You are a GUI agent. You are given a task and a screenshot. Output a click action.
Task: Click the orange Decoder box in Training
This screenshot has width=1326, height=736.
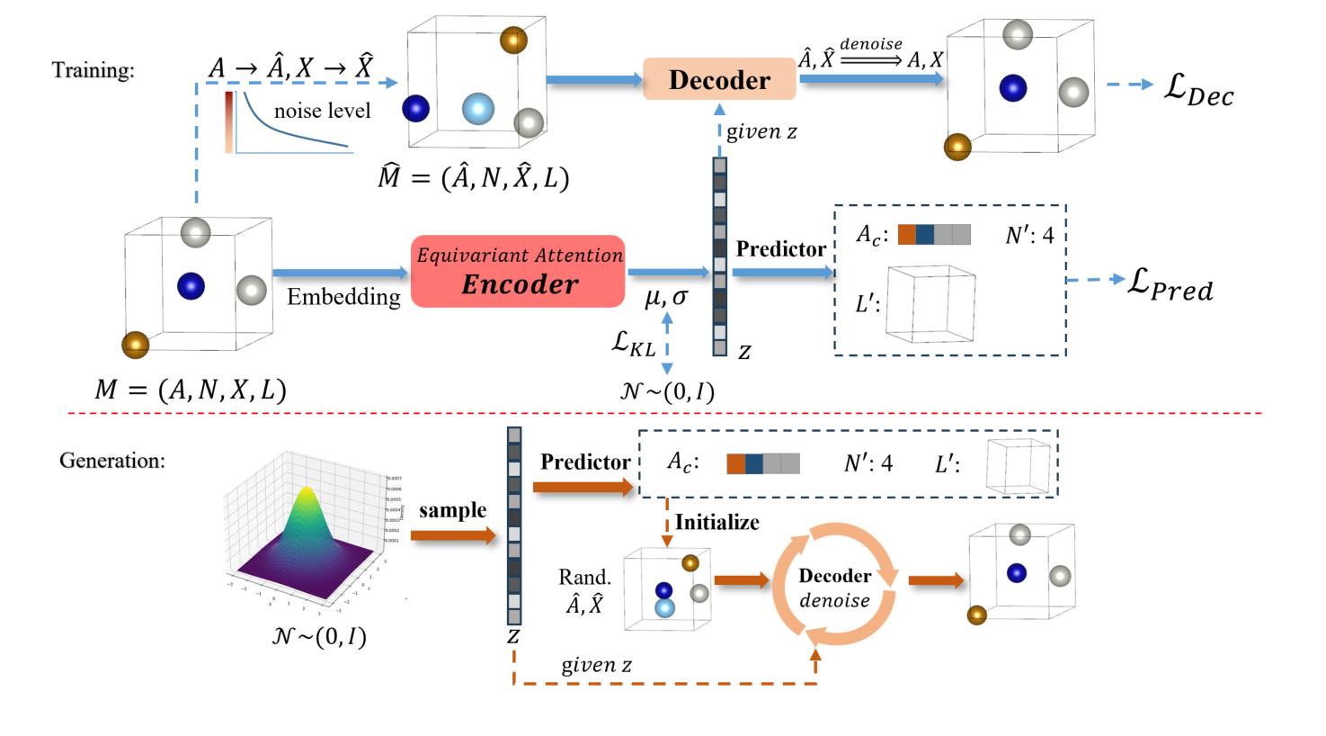tap(719, 79)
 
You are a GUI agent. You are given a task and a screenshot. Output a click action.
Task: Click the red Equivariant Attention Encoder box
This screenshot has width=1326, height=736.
tap(519, 271)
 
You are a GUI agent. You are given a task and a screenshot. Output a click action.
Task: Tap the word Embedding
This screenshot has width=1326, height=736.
tap(343, 297)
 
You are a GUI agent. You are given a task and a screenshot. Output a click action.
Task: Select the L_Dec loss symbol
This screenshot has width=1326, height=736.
tap(1198, 89)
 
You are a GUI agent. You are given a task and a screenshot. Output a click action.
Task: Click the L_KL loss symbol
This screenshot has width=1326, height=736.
tap(633, 343)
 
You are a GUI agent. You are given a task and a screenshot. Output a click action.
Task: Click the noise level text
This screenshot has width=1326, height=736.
tap(322, 111)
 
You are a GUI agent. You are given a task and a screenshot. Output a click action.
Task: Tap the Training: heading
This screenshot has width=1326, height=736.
tap(93, 70)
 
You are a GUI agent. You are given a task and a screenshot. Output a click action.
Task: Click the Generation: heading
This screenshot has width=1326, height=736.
tap(112, 461)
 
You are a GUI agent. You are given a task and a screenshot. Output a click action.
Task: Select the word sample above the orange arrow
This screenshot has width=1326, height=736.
tap(452, 510)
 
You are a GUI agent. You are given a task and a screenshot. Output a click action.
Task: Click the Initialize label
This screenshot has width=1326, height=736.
tap(716, 522)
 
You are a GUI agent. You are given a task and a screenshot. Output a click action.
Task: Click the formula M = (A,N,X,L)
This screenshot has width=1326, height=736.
tap(191, 390)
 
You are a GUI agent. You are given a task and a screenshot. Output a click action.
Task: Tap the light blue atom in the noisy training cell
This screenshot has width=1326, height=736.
tap(478, 109)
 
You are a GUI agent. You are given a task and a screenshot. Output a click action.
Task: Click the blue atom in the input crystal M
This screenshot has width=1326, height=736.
tap(191, 286)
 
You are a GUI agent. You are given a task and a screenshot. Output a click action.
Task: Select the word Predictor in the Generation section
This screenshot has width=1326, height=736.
tap(585, 462)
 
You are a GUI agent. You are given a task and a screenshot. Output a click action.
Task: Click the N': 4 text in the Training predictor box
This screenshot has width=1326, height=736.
tap(1029, 236)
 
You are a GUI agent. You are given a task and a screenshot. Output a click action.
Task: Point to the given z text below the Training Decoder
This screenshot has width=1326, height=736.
tap(761, 131)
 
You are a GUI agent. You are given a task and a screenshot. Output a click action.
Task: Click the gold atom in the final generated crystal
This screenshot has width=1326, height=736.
tap(977, 615)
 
